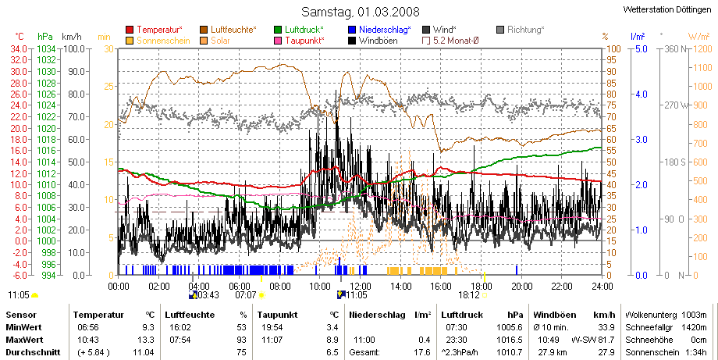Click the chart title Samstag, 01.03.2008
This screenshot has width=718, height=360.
pos(360,12)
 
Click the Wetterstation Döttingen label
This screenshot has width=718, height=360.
pos(667,9)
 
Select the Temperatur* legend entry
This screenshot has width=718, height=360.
pos(155,30)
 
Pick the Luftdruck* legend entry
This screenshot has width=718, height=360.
pos(299,30)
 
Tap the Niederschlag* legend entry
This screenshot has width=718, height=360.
pos(379,30)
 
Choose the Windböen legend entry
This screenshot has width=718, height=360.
pos(373,41)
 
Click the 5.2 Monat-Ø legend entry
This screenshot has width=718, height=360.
pos(450,41)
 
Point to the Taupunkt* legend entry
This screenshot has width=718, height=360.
pos(300,41)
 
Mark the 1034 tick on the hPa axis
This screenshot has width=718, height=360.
pos(46,48)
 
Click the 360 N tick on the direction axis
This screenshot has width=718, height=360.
pos(675,49)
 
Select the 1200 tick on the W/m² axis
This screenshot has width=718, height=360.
pos(703,49)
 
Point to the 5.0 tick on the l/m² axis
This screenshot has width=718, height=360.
pos(641,49)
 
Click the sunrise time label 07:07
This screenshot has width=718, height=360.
pos(245,295)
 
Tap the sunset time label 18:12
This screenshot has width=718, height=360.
pos(469,295)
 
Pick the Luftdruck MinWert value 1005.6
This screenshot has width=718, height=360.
pos(510,327)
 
